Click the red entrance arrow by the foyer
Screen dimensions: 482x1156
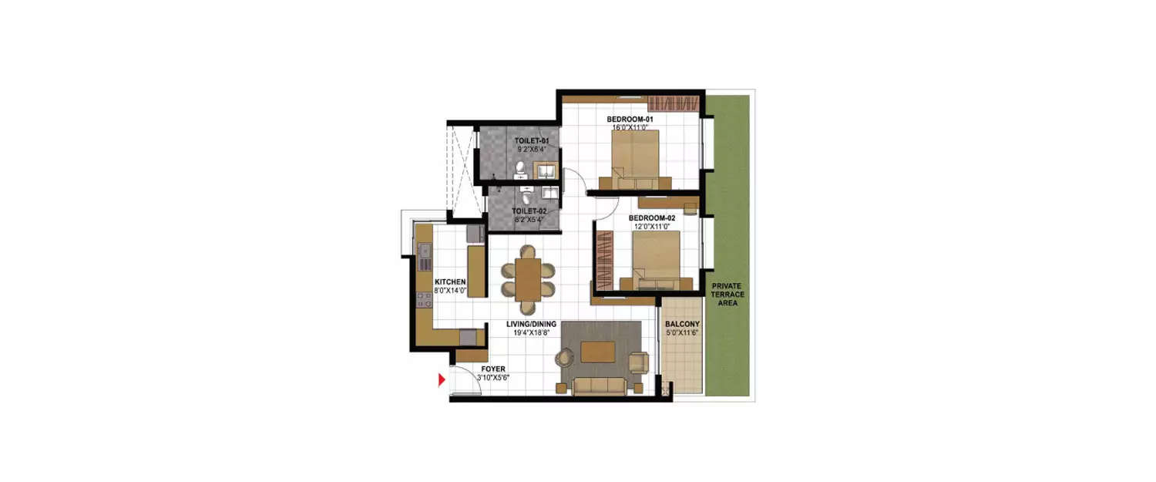[442, 379]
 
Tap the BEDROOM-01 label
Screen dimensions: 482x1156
[630, 119]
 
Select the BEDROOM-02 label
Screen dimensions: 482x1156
[651, 218]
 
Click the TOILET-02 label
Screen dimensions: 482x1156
[529, 211]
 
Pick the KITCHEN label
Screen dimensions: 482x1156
[450, 282]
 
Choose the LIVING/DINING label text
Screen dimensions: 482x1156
[532, 325]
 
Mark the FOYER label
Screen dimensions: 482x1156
[492, 369]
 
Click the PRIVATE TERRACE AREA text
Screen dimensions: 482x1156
[726, 295]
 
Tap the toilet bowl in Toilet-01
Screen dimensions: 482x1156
[520, 167]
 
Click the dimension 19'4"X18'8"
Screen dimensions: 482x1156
[532, 333]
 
